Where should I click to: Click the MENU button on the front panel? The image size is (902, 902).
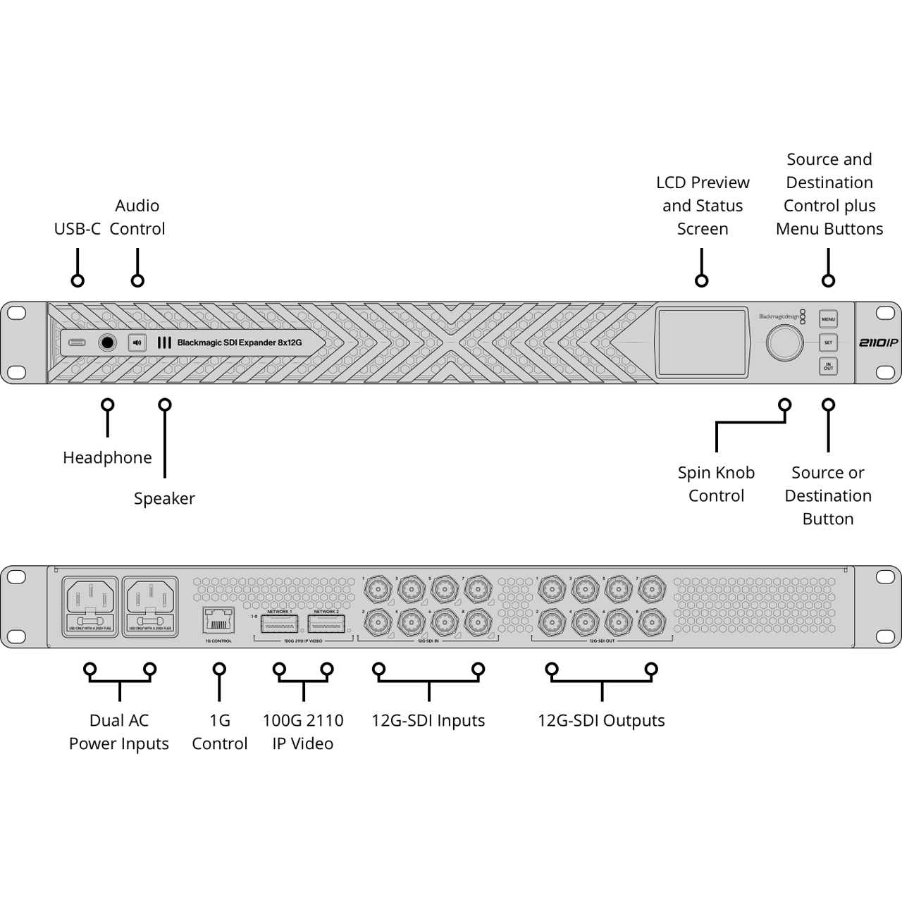[x=828, y=319]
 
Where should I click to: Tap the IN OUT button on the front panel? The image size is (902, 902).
[x=828, y=366]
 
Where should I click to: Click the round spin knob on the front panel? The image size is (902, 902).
[x=784, y=343]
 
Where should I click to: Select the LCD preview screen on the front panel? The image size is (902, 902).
[x=702, y=342]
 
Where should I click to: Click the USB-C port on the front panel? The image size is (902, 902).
[x=78, y=343]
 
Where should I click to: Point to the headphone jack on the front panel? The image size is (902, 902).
[x=107, y=343]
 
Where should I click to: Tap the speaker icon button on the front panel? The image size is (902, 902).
[x=137, y=343]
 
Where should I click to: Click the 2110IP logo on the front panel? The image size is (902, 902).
[x=877, y=343]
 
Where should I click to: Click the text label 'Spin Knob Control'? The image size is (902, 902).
[x=716, y=484]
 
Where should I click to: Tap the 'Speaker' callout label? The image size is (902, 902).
[x=164, y=498]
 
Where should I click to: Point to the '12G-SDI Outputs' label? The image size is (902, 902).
[x=601, y=721]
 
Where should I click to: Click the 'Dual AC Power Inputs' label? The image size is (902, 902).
[x=119, y=732]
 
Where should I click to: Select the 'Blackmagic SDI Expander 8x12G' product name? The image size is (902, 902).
[x=240, y=343]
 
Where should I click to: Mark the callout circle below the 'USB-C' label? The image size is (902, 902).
[x=78, y=280]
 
